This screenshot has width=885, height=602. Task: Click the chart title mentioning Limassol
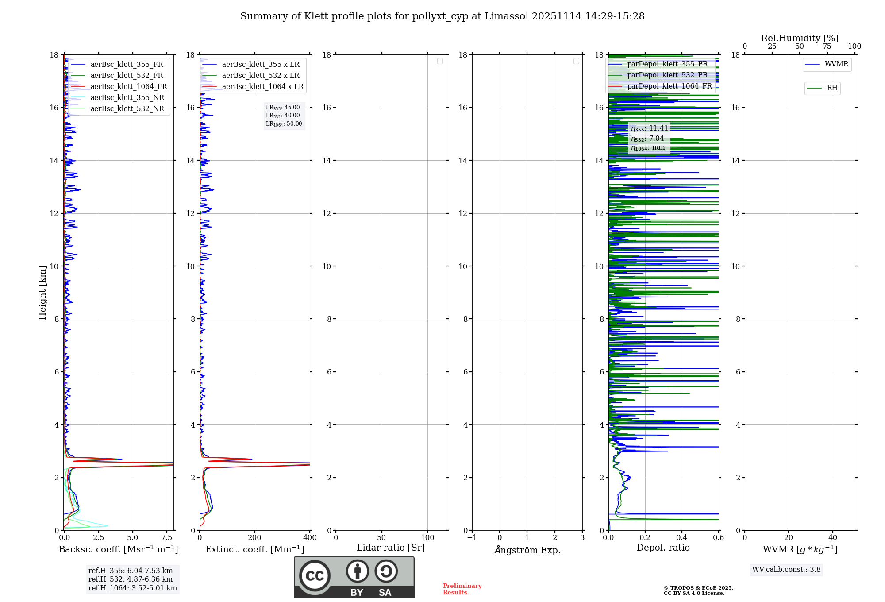point(442,16)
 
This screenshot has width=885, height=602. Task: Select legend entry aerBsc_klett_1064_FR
point(128,87)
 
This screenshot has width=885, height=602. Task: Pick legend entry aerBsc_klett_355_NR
point(127,98)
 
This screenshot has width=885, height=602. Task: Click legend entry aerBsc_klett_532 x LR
point(260,76)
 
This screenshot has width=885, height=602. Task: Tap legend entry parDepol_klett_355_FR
point(667,64)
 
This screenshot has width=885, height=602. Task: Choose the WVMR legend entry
point(836,64)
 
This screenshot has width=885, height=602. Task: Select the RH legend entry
point(831,88)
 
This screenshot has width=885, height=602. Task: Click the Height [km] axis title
point(42,292)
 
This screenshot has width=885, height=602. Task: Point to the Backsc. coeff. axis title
point(118,549)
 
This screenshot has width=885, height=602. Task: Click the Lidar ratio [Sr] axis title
point(390,548)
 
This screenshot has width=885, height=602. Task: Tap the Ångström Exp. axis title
point(527,550)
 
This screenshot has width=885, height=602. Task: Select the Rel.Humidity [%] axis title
point(799,38)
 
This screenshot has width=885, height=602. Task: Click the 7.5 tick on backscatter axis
point(167,538)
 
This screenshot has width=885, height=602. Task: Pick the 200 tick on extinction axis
point(254,538)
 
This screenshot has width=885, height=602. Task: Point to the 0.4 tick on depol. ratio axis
point(681,538)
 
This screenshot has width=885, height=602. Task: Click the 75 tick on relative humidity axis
point(827,46)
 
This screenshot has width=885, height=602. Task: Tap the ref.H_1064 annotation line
point(132,588)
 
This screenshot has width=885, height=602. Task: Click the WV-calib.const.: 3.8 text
point(786,570)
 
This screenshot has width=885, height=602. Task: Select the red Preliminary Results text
point(462,589)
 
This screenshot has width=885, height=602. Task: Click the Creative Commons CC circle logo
point(315,576)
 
